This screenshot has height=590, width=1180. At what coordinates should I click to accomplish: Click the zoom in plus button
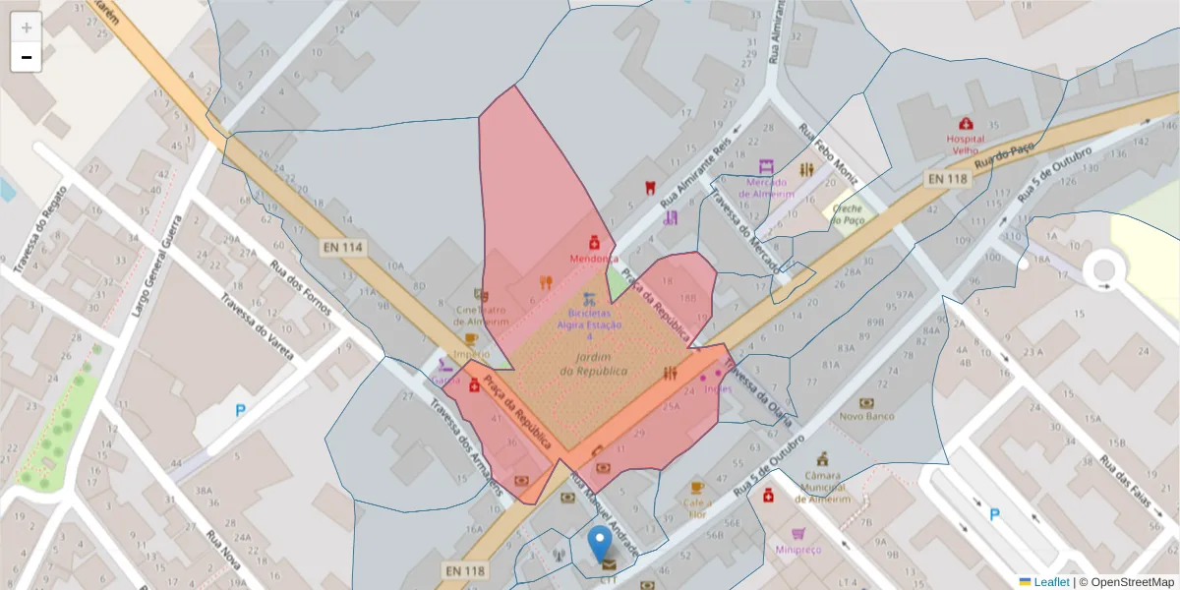click(26, 27)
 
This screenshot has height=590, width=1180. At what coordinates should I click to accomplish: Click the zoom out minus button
click(26, 57)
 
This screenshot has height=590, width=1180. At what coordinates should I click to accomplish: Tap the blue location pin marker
click(599, 543)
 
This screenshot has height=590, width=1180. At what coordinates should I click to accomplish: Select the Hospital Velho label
click(966, 145)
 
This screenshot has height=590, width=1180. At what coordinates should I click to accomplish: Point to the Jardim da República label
click(593, 364)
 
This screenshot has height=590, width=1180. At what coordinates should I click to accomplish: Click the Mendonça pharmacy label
click(594, 258)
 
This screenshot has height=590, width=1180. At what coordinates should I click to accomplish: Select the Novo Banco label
click(866, 416)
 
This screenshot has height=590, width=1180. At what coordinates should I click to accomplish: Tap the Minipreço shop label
click(798, 549)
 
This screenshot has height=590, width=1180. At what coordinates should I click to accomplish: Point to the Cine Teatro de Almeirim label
click(482, 315)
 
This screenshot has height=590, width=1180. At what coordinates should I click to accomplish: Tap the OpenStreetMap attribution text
click(1127, 582)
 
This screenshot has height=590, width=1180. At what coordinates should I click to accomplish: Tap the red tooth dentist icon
click(649, 187)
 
